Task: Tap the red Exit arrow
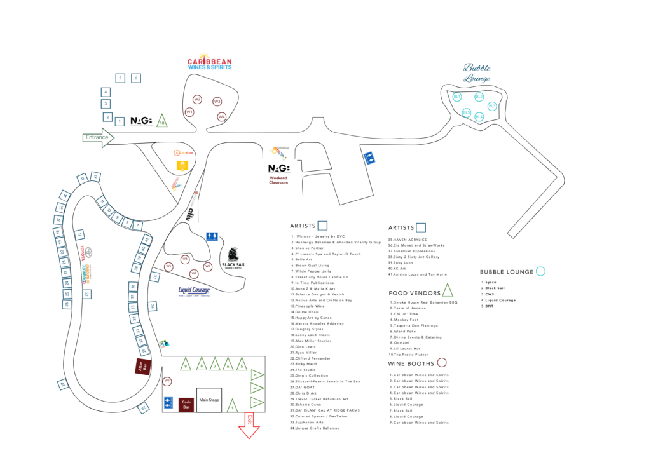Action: tap(249, 424)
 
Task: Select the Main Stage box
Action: tap(209, 400)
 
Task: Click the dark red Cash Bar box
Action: tap(186, 403)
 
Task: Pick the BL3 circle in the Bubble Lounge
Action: tap(492, 106)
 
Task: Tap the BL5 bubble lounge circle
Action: tap(467, 112)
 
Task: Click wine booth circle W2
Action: tap(197, 99)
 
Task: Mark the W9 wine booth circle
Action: tap(167, 381)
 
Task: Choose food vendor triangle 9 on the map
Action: tap(186, 365)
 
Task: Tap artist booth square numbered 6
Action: tap(135, 78)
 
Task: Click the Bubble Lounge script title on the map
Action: tap(477, 73)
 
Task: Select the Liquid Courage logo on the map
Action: tap(194, 292)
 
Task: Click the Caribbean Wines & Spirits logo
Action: tap(209, 62)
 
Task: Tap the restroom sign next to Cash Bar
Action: tap(168, 402)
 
